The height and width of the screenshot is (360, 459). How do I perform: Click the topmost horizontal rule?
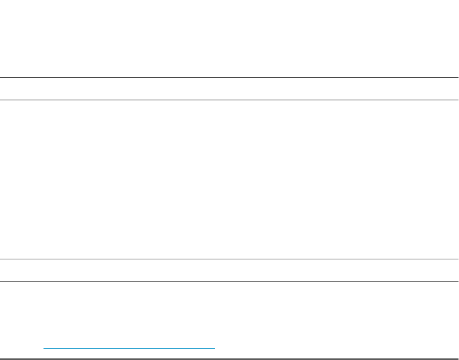coord(229,78)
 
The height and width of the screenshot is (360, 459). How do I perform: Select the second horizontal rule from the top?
coord(229,100)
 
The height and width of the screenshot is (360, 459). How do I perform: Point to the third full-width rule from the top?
coord(229,259)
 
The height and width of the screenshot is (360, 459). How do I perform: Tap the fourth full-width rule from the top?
coord(229,281)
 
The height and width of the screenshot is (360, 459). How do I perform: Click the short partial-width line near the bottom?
coord(129,348)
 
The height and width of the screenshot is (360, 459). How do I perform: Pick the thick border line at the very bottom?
coord(229,359)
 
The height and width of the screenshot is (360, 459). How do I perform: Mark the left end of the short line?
coord(44,348)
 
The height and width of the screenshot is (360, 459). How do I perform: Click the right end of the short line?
coord(214,348)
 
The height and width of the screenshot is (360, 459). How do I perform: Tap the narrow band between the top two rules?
coord(229,89)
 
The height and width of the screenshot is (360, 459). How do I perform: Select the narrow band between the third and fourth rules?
coord(229,270)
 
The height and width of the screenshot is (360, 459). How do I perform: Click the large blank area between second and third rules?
coord(229,179)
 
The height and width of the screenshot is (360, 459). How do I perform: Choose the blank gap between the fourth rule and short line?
coord(229,314)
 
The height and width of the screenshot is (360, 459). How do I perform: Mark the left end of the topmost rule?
coord(1,78)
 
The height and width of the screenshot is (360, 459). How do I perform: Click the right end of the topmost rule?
coord(457,78)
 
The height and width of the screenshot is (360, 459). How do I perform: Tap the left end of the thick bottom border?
coord(1,359)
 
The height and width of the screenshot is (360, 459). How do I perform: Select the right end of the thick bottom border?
coord(457,359)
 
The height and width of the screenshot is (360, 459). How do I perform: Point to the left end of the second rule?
coord(1,100)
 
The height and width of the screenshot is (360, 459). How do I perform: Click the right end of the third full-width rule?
coord(457,259)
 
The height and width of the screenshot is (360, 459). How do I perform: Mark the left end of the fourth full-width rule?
coord(1,281)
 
